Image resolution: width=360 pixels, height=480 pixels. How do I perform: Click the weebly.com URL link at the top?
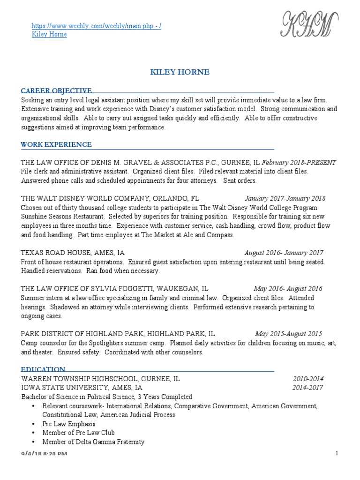97,26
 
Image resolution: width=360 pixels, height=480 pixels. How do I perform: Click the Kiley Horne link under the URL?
49,35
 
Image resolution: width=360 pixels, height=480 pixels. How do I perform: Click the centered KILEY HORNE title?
180,72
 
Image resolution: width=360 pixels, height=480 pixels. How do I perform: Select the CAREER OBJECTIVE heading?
56,90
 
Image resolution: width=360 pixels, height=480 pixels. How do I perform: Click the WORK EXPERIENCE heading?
56,144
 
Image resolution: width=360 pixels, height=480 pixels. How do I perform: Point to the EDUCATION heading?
43,369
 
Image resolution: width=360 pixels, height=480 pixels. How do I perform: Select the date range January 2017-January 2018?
285,198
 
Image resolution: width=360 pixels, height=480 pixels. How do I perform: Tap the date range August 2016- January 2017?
284,253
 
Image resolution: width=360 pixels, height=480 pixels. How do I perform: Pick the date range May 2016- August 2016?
288,289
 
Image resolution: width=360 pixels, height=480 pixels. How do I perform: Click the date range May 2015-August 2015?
288,334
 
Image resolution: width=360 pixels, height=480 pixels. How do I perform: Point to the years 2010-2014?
308,379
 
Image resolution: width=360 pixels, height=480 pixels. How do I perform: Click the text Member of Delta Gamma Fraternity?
93,442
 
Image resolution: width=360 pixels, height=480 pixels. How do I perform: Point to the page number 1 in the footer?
337,453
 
